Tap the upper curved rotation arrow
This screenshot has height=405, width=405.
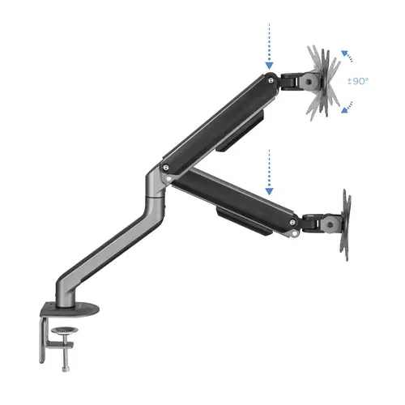[x=347, y=57]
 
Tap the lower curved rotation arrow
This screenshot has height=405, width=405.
[x=347, y=108]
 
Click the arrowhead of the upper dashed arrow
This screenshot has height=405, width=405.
[x=269, y=66]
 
